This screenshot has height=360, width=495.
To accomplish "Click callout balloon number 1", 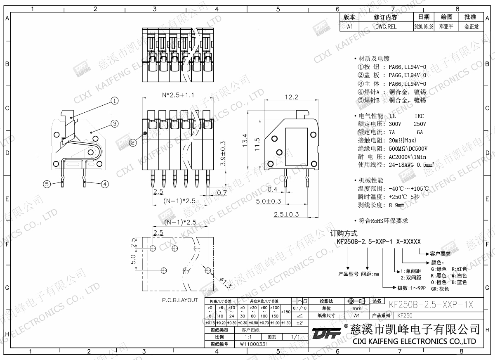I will pos(115,100).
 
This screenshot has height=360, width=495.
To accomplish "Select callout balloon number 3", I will pos(115,123).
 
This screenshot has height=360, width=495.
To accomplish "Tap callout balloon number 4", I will pos(105,184).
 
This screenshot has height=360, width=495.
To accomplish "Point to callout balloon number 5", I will pos(47,184).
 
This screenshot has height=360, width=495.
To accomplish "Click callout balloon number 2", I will pos(133,143).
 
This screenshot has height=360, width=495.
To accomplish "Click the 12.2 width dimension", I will pos(291,97).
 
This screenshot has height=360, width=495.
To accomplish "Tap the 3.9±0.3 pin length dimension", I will pos(223,154).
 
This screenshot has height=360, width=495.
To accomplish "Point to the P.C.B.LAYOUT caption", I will pos(179,300).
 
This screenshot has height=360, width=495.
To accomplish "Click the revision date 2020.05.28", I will pos(424,26).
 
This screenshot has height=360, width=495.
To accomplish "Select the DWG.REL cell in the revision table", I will pos(386,26).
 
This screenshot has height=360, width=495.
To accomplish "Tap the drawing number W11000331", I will pos(254,343).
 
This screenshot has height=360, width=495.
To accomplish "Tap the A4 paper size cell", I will pos(357,315).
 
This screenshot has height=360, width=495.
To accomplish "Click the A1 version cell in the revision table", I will pos(350,26).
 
